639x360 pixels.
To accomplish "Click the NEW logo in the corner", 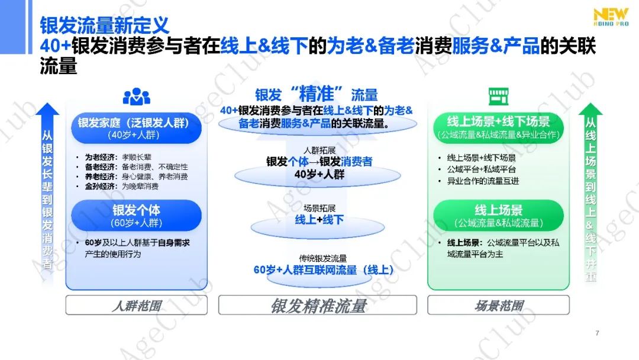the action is (611, 17).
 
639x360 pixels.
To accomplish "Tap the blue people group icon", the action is (137, 97).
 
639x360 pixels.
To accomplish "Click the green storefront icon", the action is (498, 97).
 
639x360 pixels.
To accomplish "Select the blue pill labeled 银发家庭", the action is (137, 128).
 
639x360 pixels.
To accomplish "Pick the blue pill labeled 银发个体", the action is (137, 216).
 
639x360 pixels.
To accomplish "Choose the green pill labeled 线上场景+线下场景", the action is (498, 128).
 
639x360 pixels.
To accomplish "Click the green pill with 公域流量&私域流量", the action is (498, 216).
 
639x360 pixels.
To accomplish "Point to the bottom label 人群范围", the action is (137, 305).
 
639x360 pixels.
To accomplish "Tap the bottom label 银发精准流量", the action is (318, 305).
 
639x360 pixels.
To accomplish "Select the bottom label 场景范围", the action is (498, 305).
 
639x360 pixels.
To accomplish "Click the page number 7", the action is (597, 333).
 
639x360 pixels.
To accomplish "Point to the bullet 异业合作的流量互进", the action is (483, 181).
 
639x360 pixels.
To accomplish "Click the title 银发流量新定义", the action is (104, 25).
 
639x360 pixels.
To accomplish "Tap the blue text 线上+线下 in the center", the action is (319, 220).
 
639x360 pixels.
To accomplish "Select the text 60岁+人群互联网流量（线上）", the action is (324, 270).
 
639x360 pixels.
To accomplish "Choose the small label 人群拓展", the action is (319, 150).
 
